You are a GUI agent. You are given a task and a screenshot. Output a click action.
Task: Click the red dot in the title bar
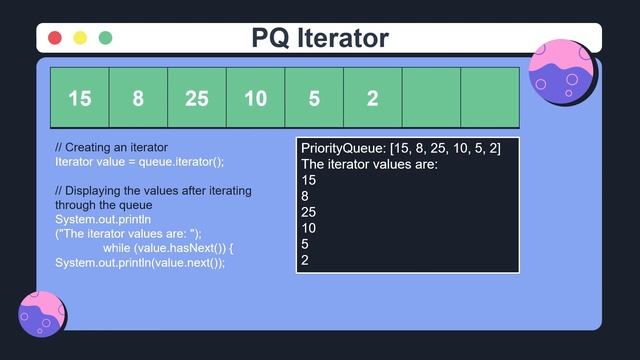click(x=55, y=38)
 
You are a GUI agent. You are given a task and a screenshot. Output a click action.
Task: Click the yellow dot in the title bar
click(x=80, y=38)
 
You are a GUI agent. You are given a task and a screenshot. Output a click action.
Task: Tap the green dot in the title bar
click(x=105, y=38)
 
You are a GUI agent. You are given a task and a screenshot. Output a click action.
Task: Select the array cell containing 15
click(x=79, y=98)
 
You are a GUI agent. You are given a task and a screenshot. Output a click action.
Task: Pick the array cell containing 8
click(x=138, y=98)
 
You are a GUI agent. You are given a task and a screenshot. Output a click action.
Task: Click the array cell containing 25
click(x=197, y=98)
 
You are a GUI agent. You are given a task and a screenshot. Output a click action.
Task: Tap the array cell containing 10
click(x=255, y=98)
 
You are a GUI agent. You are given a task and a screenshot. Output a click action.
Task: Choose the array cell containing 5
click(x=314, y=98)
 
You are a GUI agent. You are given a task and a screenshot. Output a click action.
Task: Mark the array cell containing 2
click(x=372, y=98)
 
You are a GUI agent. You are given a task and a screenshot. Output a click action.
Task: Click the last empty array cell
click(x=490, y=98)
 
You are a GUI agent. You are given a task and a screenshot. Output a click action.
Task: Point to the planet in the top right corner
click(x=562, y=73)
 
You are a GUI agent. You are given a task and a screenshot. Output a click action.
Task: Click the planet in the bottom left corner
click(x=42, y=314)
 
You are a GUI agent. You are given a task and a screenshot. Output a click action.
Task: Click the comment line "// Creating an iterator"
click(x=111, y=147)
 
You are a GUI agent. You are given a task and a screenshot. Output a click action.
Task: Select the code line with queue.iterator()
click(x=139, y=162)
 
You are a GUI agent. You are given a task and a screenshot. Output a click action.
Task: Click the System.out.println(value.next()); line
click(x=140, y=262)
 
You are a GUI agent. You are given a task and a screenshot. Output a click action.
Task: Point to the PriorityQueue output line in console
click(x=400, y=148)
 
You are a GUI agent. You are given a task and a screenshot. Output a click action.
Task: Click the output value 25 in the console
click(x=308, y=213)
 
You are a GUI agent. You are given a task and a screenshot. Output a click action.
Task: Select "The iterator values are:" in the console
click(x=369, y=164)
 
